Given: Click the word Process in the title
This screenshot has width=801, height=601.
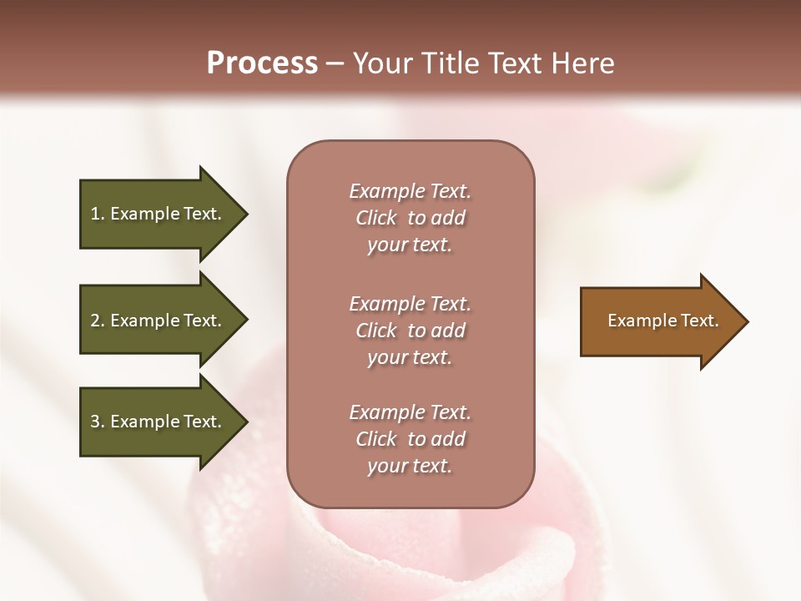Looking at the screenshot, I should pyautogui.click(x=262, y=63).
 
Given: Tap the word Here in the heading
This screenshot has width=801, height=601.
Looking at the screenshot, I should pyautogui.click(x=581, y=63).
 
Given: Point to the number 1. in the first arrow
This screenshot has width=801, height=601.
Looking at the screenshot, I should pyautogui.click(x=98, y=214).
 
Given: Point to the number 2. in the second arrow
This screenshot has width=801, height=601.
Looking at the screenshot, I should pyautogui.click(x=98, y=321).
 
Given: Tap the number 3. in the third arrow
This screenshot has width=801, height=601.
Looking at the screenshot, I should pyautogui.click(x=98, y=422).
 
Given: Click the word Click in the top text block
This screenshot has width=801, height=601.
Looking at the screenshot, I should pyautogui.click(x=376, y=218).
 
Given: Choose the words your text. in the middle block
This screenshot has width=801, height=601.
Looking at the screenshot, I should pyautogui.click(x=410, y=357).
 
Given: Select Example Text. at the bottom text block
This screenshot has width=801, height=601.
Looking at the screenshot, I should pyautogui.click(x=410, y=412).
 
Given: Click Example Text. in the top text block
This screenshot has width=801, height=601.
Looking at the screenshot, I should pyautogui.click(x=410, y=191).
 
